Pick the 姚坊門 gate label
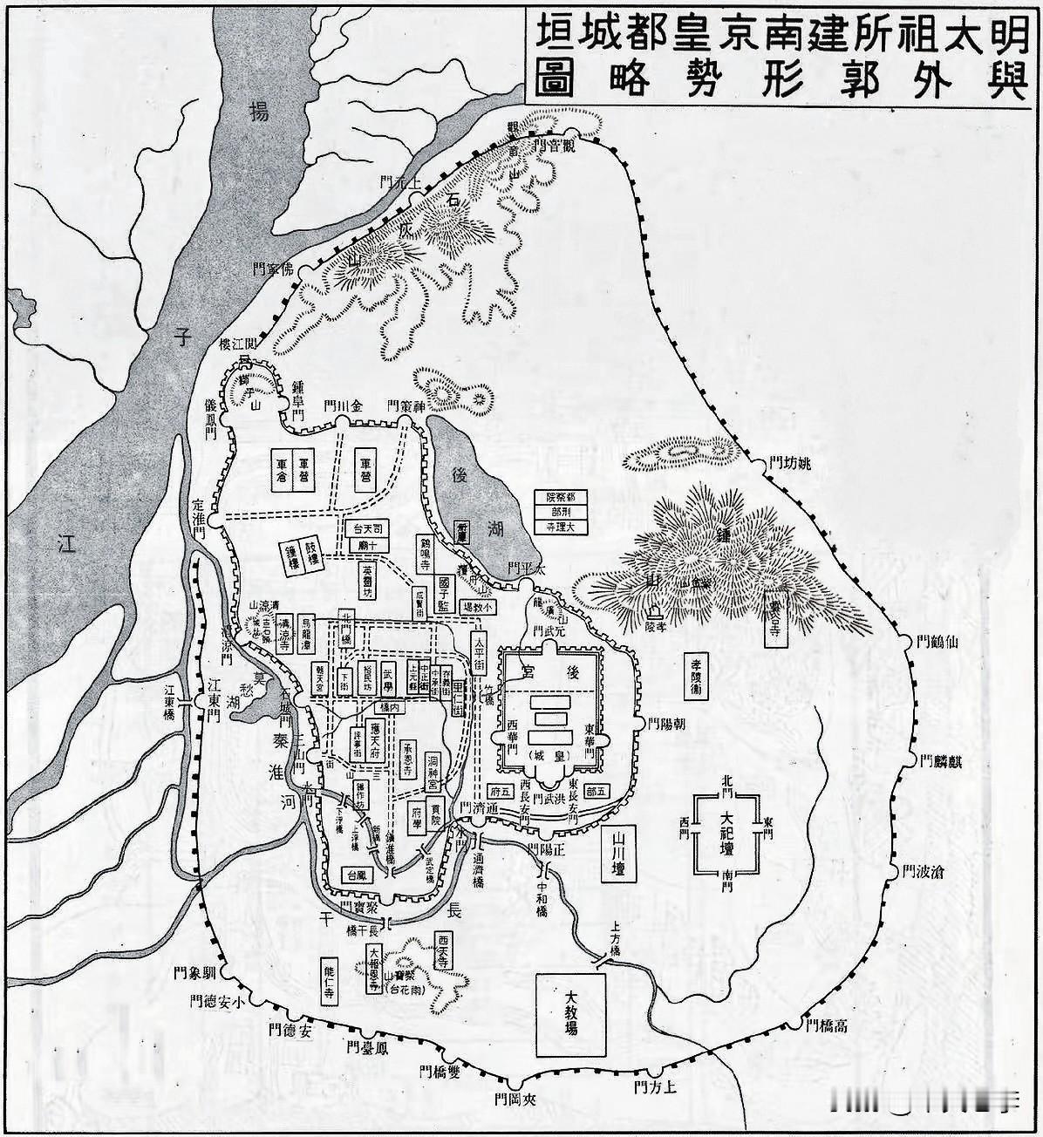[x=788, y=463]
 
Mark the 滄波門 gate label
[x=926, y=871]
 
